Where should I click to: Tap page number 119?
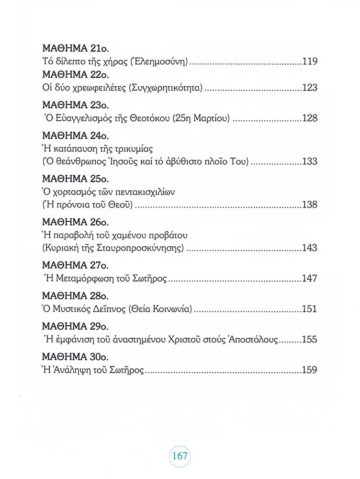310,62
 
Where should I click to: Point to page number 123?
310,88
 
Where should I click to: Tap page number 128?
310,118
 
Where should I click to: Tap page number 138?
310,205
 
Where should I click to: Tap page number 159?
310,370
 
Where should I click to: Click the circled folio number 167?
180,455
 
